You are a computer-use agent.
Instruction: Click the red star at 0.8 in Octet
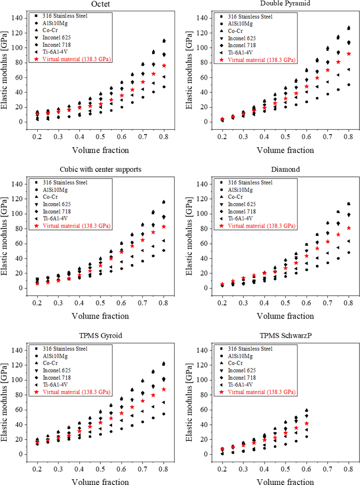164,66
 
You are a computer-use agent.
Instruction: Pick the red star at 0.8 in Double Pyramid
348,54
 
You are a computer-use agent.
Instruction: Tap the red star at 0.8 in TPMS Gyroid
164,389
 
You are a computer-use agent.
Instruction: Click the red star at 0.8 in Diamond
348,228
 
